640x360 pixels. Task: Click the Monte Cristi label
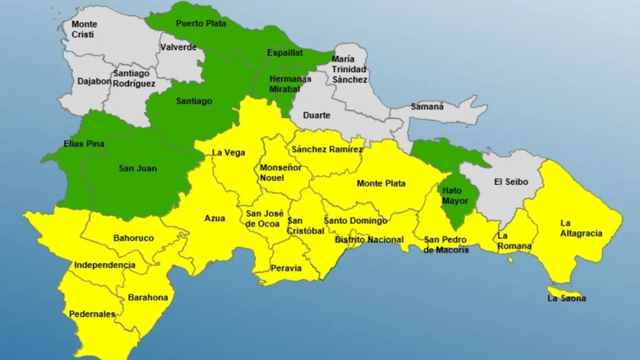[x=84, y=29]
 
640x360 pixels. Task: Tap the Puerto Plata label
[x=201, y=23]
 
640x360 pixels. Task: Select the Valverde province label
[x=178, y=47]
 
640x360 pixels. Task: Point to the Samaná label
[x=427, y=107]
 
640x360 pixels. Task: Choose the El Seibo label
[x=511, y=182]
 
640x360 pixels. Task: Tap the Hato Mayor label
[x=455, y=195]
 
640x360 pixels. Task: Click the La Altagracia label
[x=581, y=228]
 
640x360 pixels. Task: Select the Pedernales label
[x=92, y=314]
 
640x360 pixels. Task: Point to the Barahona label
[x=148, y=298]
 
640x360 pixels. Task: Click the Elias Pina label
[x=83, y=144]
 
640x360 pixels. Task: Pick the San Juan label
[x=138, y=169]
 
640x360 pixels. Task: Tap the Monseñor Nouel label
[x=281, y=173]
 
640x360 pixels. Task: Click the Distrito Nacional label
[x=369, y=240]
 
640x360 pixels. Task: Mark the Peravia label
[x=286, y=268]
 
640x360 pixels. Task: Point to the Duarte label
[x=317, y=115]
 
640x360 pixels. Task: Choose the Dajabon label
[x=94, y=82]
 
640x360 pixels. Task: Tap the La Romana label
[x=514, y=241]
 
